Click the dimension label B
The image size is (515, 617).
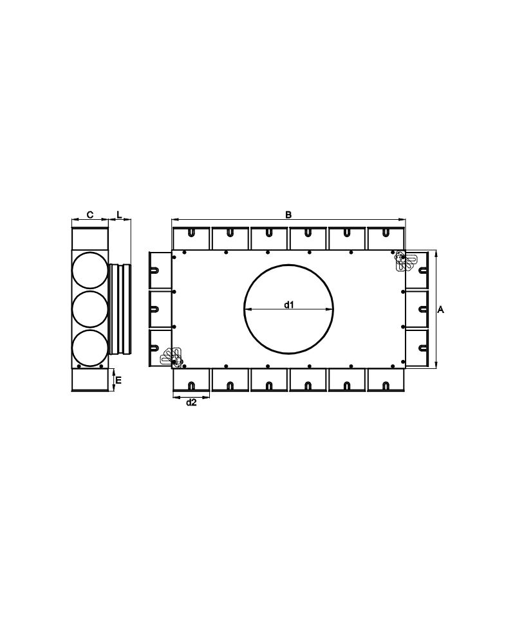point(288,215)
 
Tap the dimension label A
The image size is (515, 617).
point(441,310)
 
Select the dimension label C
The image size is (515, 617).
point(90,215)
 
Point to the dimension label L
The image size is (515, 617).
point(119,215)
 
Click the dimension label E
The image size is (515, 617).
point(118,380)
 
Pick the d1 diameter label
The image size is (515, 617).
point(289,304)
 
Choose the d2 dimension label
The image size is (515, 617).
point(191,402)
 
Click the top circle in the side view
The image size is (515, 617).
point(89,271)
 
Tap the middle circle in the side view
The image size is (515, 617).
point(89,309)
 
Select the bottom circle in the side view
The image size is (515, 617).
point(89,348)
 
